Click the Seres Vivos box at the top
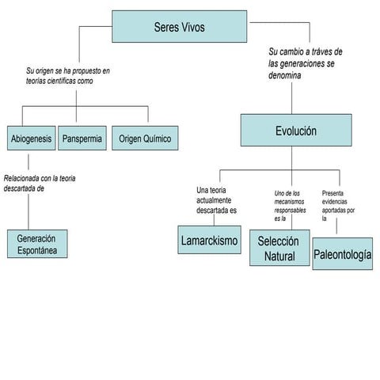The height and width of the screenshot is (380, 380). (x=180, y=27)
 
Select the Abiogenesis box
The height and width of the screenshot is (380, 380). (x=32, y=139)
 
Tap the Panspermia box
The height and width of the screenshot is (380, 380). (x=82, y=139)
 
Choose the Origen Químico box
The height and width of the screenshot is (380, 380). (x=144, y=139)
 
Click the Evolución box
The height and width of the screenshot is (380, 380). (x=295, y=131)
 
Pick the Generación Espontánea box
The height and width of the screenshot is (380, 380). (x=36, y=244)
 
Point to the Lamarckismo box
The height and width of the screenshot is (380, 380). (x=209, y=240)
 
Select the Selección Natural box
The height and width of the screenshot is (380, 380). (x=279, y=249)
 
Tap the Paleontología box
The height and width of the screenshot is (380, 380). (x=342, y=254)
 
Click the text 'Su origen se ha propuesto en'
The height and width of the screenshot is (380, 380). (x=68, y=71)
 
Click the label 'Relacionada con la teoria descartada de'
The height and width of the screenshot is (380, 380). (x=40, y=184)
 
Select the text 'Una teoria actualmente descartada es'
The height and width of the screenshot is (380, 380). (x=216, y=200)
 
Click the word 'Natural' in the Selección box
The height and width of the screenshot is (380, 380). (x=279, y=256)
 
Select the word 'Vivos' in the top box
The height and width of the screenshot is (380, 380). (x=192, y=27)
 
